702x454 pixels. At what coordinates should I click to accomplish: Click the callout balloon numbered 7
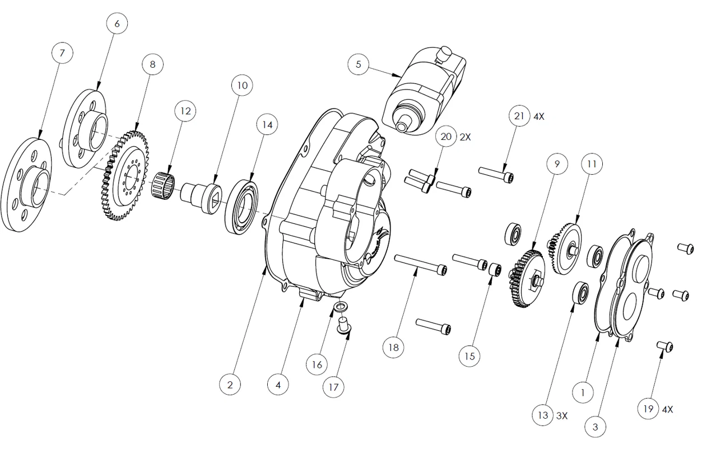tap(62, 53)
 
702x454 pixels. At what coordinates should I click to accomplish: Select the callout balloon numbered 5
tap(358, 64)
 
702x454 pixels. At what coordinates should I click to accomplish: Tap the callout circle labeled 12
tap(185, 111)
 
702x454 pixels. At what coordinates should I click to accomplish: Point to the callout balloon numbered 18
tap(393, 347)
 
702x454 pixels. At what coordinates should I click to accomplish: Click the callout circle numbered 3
tap(595, 427)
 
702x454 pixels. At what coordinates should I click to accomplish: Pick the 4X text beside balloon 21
tap(539, 117)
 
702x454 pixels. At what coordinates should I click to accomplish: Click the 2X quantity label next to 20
tap(465, 137)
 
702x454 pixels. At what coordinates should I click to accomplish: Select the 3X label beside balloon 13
tap(562, 416)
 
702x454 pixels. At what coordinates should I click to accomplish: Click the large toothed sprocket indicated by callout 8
tap(125, 176)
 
